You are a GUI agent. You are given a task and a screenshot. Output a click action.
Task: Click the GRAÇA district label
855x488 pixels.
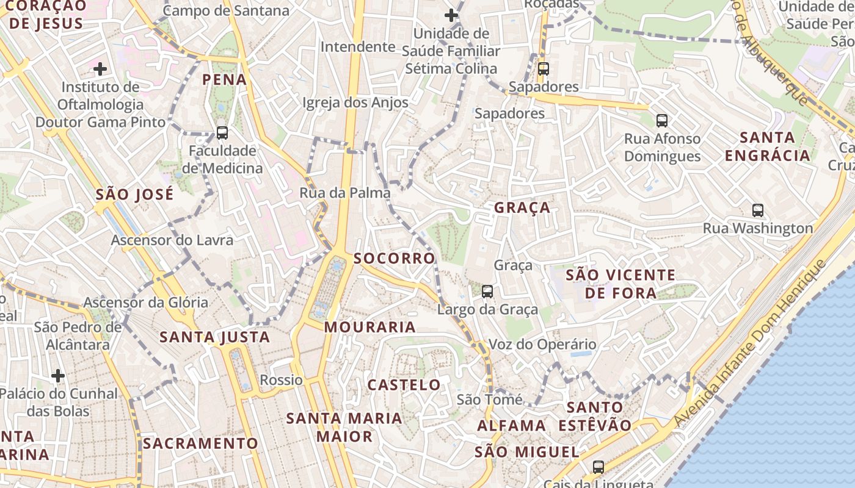point(522,208)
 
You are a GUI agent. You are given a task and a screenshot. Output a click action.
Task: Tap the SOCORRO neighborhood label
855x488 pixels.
point(394,259)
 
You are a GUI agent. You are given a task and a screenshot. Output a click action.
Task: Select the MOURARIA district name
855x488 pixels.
point(369,327)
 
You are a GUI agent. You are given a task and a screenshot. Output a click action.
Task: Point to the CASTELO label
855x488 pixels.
point(404,385)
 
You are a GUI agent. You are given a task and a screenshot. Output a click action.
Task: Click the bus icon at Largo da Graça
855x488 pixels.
point(487,292)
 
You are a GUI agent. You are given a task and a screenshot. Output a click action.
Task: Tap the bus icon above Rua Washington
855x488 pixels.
point(758,210)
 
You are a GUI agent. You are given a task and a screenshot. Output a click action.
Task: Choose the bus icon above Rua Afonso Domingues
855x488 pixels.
point(662,121)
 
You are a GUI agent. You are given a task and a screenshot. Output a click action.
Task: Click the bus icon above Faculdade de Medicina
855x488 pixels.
point(222,133)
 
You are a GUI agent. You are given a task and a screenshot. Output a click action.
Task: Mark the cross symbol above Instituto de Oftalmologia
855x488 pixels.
point(100,69)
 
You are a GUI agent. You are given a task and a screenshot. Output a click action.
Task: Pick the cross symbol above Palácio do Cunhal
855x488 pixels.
point(58,375)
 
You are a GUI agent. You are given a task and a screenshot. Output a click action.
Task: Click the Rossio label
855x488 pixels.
point(281,380)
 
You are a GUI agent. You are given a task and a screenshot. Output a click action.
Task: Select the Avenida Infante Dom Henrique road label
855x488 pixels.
point(750,343)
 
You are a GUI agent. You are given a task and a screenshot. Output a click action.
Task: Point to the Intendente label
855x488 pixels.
point(358,47)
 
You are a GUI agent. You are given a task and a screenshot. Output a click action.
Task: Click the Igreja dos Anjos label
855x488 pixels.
point(355,102)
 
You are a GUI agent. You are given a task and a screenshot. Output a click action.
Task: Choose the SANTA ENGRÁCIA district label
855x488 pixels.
point(768,146)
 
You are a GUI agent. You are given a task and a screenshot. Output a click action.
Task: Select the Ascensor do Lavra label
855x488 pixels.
point(172,240)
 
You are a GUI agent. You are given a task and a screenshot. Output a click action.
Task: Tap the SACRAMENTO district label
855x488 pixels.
point(200,443)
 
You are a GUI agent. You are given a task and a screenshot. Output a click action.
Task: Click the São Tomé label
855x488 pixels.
point(490,400)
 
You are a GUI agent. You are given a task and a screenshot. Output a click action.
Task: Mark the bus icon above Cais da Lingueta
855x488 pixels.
point(598,467)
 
